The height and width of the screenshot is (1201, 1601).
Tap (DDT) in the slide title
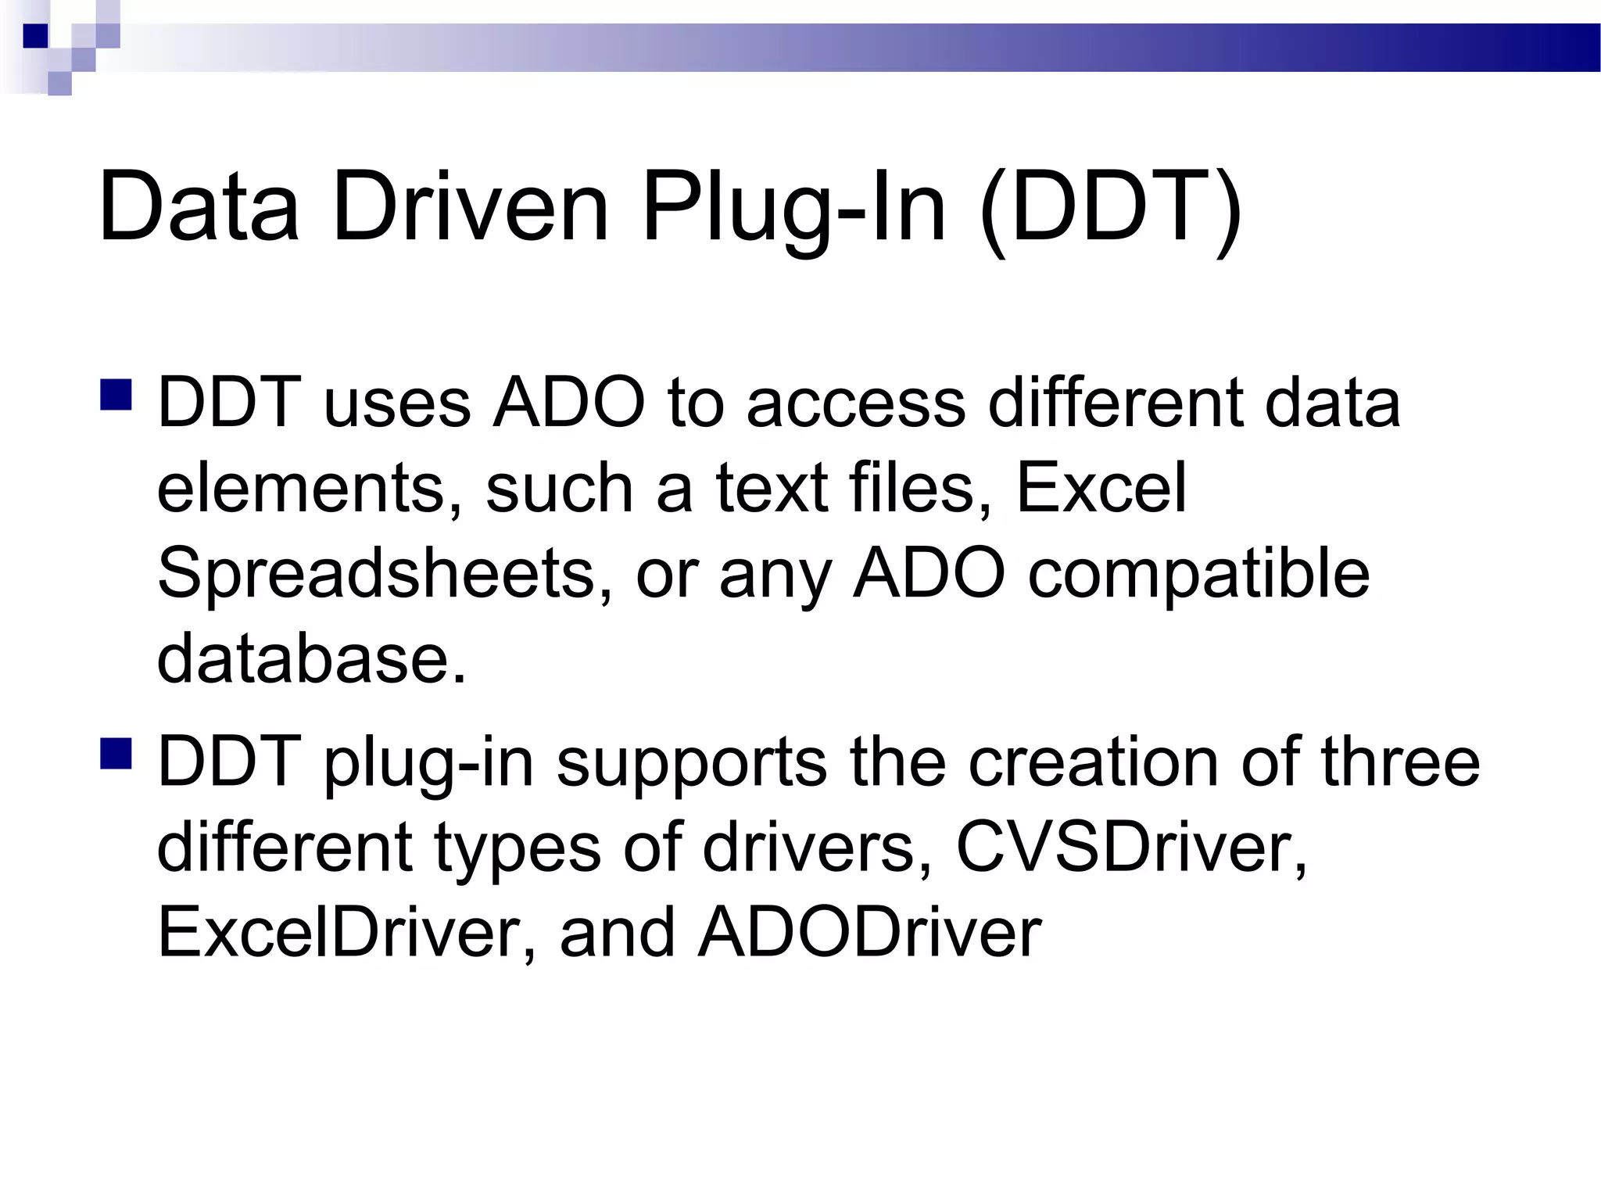pos(1110,208)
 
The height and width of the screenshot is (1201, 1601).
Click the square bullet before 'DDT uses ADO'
pos(116,395)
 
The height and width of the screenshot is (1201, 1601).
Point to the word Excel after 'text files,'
pos(1101,488)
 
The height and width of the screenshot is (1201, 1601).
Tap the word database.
pos(311,658)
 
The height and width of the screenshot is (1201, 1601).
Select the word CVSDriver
pos(1131,848)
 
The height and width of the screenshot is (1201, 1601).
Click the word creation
pos(1094,762)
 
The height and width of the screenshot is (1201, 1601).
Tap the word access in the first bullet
pos(857,403)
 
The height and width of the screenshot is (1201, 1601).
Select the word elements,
pos(310,488)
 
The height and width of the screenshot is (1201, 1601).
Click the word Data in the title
pos(199,206)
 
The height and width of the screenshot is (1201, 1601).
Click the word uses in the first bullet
pos(397,403)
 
